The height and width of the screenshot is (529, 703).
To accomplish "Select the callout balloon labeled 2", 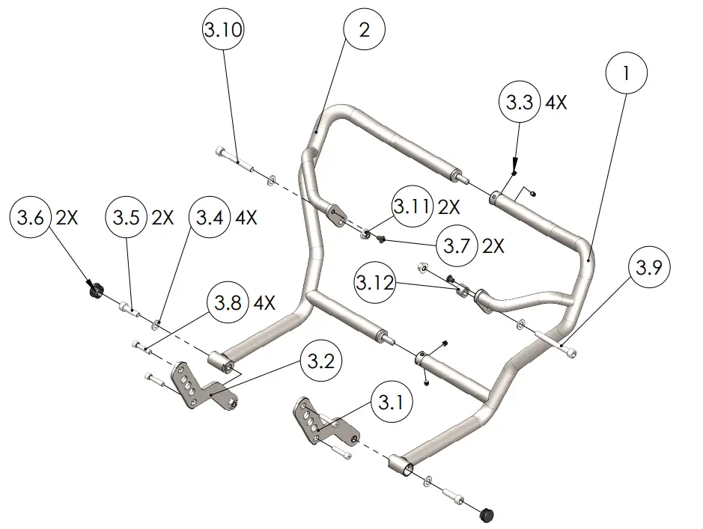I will (364, 31).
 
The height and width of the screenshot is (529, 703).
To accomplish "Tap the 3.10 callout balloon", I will (223, 31).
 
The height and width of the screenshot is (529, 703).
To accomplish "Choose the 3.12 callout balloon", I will (375, 283).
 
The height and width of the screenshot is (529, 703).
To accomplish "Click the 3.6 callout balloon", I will (30, 218).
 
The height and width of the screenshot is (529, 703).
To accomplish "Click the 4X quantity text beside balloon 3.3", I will (556, 103).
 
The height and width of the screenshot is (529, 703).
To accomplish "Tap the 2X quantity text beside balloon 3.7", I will (495, 245).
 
